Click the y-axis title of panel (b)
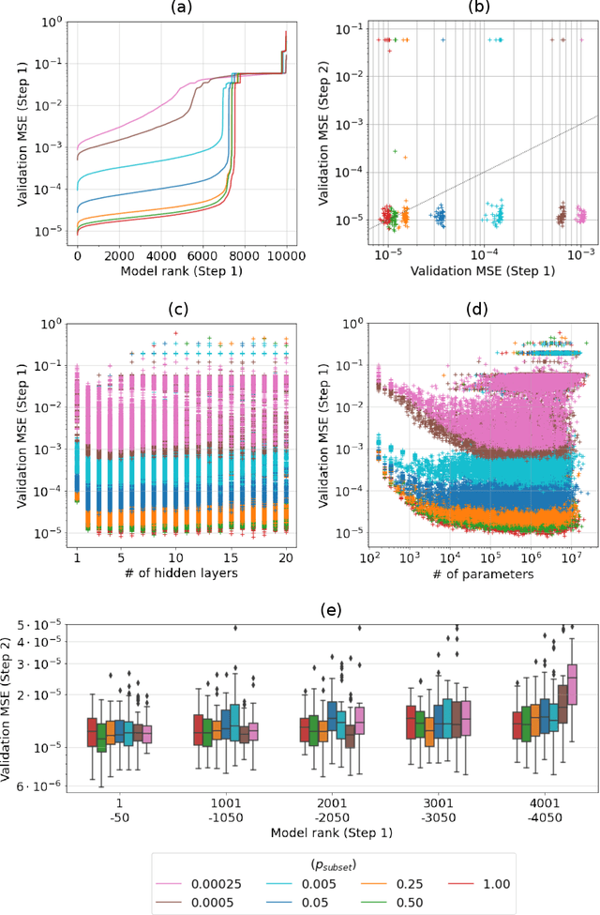click(x=320, y=129)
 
